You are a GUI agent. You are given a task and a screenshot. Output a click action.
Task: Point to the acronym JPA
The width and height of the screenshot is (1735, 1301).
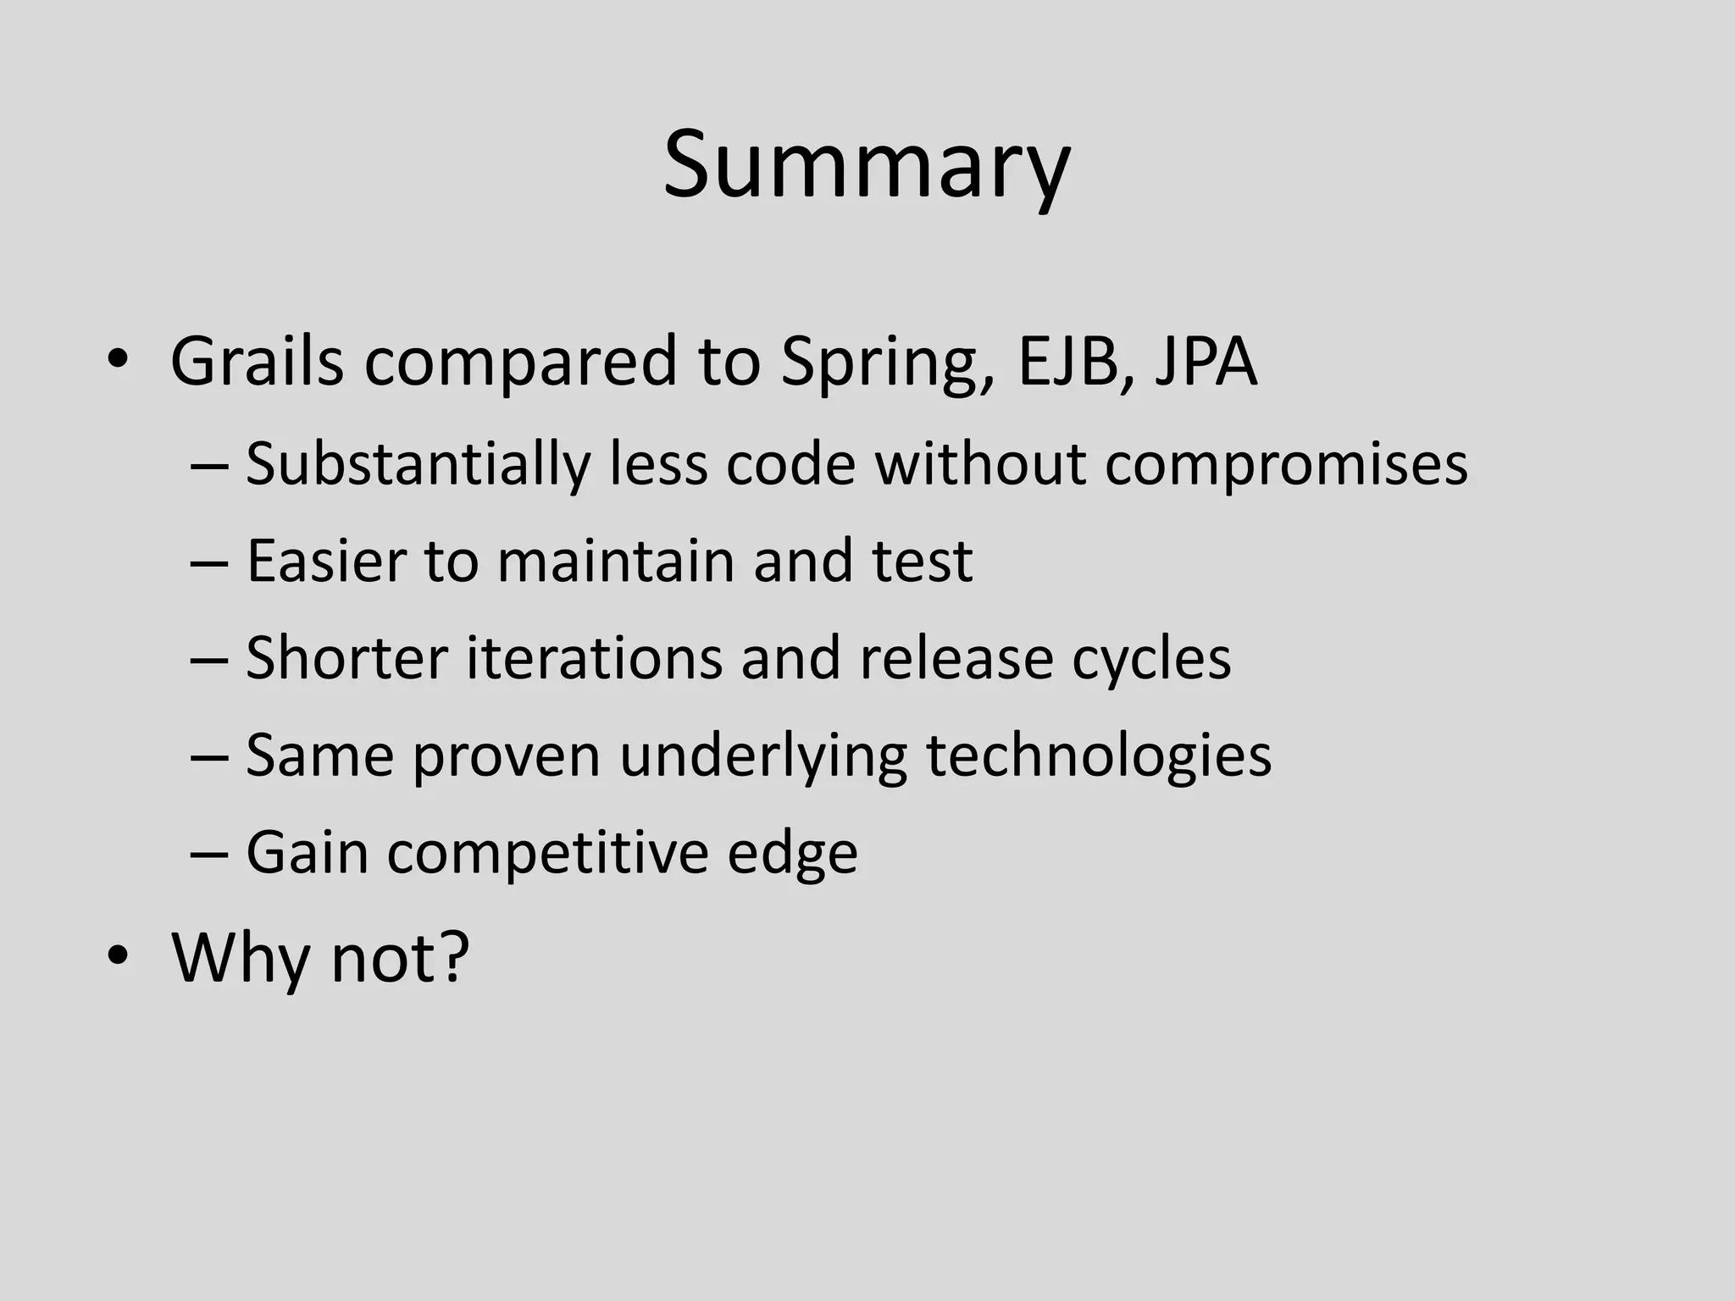[1206, 363]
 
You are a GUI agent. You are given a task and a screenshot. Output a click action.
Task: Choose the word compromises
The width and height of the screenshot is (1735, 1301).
[1285, 466]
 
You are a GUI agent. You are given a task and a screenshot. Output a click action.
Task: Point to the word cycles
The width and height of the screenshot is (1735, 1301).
[1150, 659]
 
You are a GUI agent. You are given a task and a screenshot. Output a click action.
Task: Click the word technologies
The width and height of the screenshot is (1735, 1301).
[1098, 756]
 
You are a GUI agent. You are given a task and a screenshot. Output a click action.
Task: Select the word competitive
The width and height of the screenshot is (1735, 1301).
[547, 852]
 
